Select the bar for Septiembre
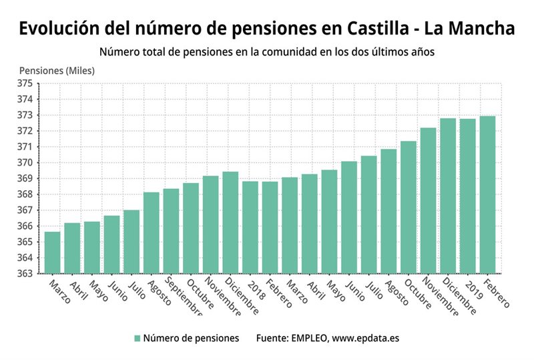point(171,230)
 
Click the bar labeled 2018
point(250,227)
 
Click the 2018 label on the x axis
point(254,285)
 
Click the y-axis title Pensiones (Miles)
point(57,70)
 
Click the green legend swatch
point(137,339)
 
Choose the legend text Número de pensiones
point(191,339)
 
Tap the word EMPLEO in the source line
point(306,339)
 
